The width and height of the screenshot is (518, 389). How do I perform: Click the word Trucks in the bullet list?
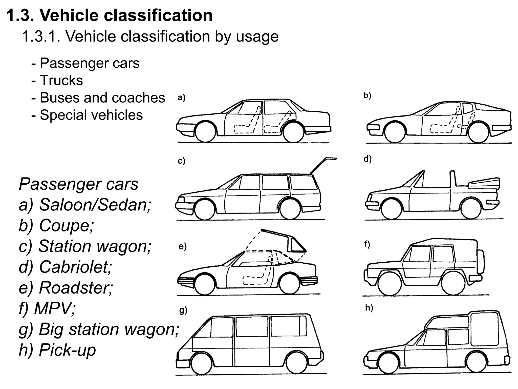61,81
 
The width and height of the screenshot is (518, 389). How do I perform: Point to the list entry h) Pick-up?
57,350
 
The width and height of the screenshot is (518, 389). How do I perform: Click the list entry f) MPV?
47,308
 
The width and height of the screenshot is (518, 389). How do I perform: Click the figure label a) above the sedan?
181,98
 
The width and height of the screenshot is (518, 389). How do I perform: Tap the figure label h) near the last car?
369,308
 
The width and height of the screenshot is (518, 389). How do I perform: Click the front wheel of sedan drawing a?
206,132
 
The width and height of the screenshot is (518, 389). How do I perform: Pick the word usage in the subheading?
257,36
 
